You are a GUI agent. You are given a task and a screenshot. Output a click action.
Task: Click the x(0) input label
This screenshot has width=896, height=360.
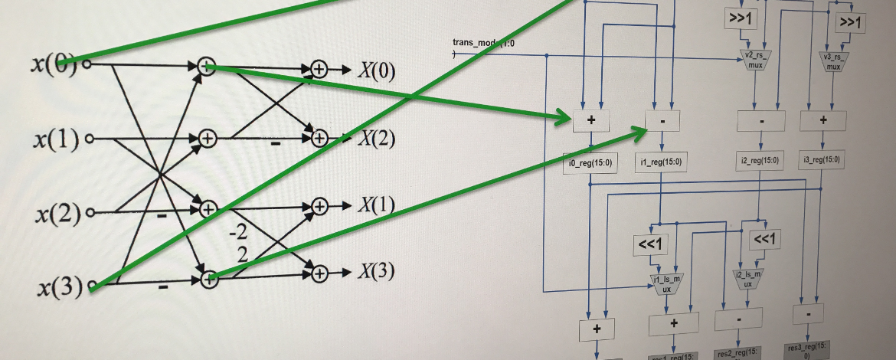(x=54, y=64)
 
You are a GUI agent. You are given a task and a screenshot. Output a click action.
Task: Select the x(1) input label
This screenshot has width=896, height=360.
(x=57, y=139)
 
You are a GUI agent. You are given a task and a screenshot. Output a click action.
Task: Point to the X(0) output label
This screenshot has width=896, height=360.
(x=376, y=70)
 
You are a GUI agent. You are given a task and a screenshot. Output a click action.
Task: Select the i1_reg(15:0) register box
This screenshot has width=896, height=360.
(x=662, y=161)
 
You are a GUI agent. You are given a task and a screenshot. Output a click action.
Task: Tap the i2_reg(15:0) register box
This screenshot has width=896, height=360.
(x=760, y=160)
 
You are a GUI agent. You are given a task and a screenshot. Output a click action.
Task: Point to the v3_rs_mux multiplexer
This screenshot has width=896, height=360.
(x=832, y=61)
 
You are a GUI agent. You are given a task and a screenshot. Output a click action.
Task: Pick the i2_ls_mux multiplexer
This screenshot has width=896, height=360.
(x=748, y=278)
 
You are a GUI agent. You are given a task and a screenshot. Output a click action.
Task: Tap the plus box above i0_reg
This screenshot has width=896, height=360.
(x=591, y=120)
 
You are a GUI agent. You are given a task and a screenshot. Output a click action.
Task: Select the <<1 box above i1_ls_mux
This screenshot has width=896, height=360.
(x=651, y=244)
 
